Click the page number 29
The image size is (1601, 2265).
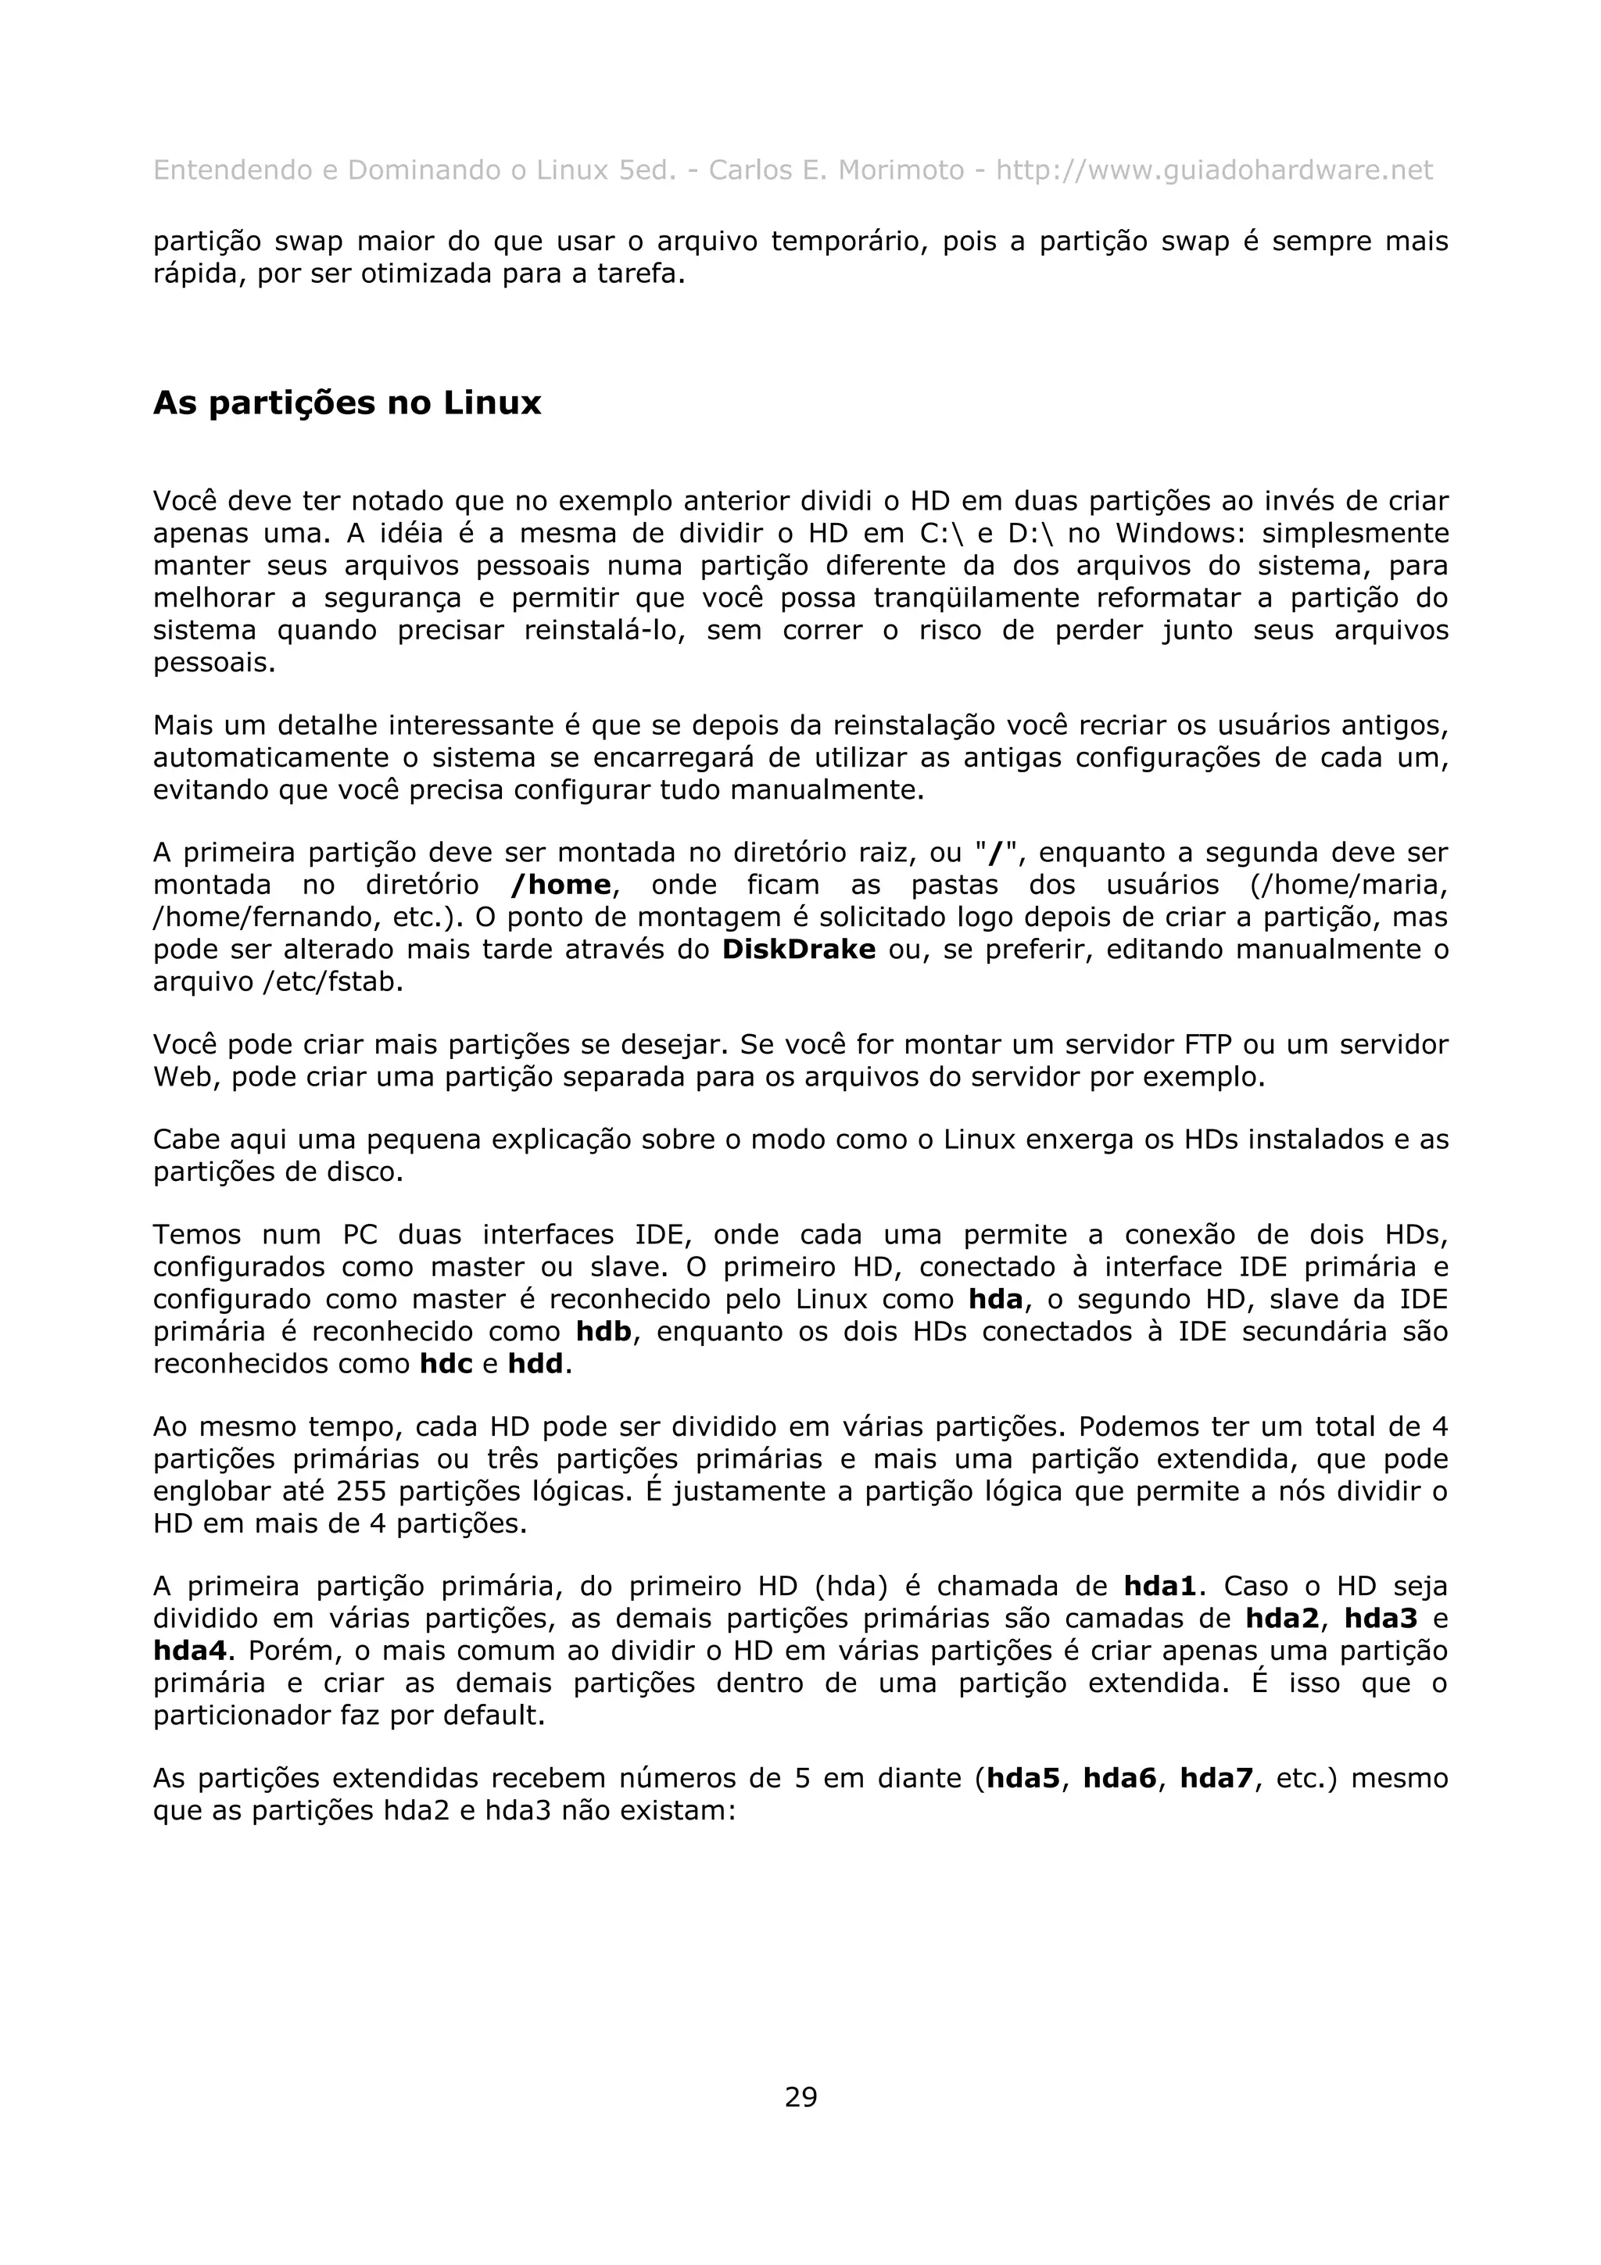click(x=800, y=2096)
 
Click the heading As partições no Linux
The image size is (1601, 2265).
click(x=347, y=403)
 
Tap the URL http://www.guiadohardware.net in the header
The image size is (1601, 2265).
click(x=1213, y=170)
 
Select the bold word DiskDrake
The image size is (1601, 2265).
click(x=799, y=949)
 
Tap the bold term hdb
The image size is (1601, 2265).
click(x=604, y=1331)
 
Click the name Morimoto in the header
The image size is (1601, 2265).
click(x=901, y=170)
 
